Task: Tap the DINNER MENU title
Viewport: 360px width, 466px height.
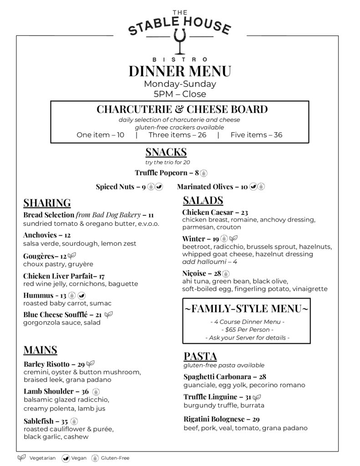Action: [x=180, y=71]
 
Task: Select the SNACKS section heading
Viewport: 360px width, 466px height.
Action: [x=166, y=152]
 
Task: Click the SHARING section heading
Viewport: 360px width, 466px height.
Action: [x=47, y=203]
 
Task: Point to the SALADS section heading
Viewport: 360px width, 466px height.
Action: [x=203, y=200]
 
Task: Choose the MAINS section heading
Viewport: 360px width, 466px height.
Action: [x=40, y=350]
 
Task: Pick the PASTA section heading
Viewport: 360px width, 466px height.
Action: [x=200, y=356]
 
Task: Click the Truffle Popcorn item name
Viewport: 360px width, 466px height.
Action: [x=161, y=173]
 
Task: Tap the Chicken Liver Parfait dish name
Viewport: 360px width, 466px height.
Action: [x=57, y=276]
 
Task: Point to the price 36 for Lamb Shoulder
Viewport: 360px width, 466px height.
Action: [x=85, y=391]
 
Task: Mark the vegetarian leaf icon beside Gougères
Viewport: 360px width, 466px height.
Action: [x=72, y=256]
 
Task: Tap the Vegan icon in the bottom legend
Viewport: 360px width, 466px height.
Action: [x=66, y=458]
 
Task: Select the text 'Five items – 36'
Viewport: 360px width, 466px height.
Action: [x=256, y=135]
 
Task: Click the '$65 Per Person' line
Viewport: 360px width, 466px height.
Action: [x=247, y=329]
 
